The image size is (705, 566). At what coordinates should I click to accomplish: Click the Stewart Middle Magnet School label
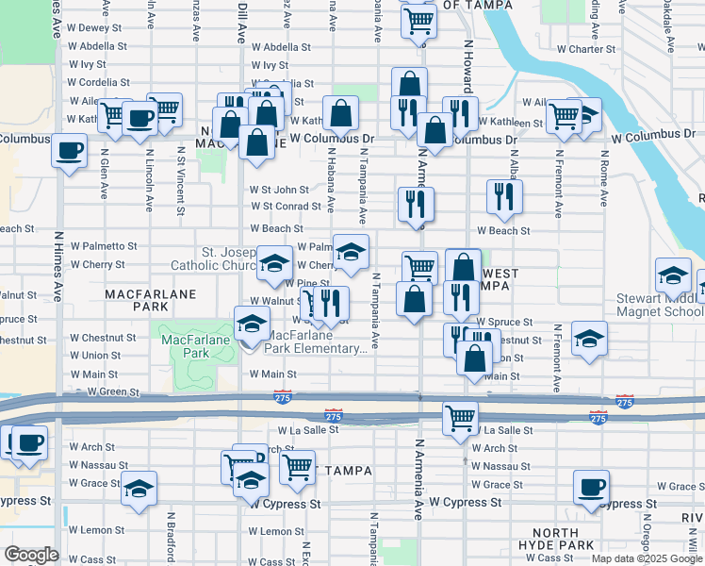pyautogui.click(x=660, y=308)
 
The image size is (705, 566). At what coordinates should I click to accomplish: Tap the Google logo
pyautogui.click(x=31, y=555)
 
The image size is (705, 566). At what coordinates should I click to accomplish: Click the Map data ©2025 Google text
pyautogui.click(x=647, y=558)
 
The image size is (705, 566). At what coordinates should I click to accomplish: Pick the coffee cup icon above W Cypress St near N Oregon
pyautogui.click(x=591, y=488)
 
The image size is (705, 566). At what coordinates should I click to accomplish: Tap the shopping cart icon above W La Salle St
pyautogui.click(x=460, y=417)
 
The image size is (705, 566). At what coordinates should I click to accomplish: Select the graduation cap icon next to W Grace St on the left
pyautogui.click(x=139, y=489)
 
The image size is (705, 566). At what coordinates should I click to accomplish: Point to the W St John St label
pyautogui.click(x=279, y=190)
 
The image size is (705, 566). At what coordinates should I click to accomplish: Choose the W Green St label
pyautogui.click(x=111, y=391)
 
